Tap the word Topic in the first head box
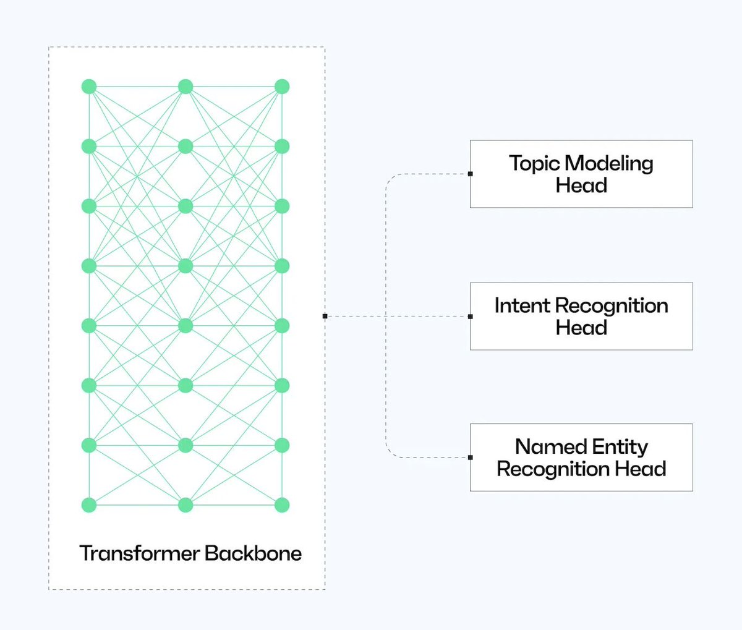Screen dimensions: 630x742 (534, 163)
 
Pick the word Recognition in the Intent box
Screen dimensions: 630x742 (611, 305)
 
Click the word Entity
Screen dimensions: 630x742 (620, 447)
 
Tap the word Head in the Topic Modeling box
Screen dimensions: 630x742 (581, 185)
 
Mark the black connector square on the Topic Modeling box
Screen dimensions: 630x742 (471, 174)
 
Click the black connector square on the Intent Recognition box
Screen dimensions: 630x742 (471, 317)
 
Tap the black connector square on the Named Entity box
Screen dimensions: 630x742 (471, 458)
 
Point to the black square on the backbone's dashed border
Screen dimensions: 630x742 (325, 317)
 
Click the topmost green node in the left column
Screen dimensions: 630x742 (89, 87)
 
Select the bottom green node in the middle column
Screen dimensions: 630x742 (185, 505)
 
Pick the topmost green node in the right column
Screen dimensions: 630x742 (282, 87)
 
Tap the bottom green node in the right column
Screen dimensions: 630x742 (282, 505)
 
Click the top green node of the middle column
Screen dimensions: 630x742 (185, 87)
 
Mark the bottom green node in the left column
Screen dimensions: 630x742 (89, 505)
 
